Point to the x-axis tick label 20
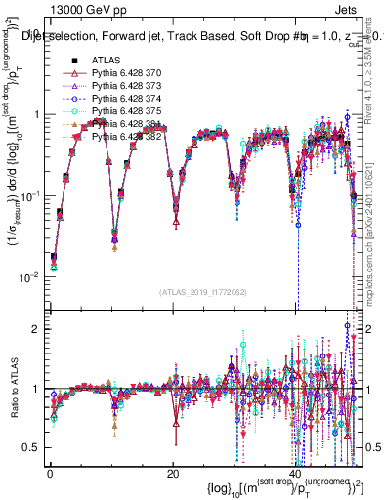pyautogui.click(x=173, y=474)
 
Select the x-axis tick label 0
pyautogui.click(x=49, y=474)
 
